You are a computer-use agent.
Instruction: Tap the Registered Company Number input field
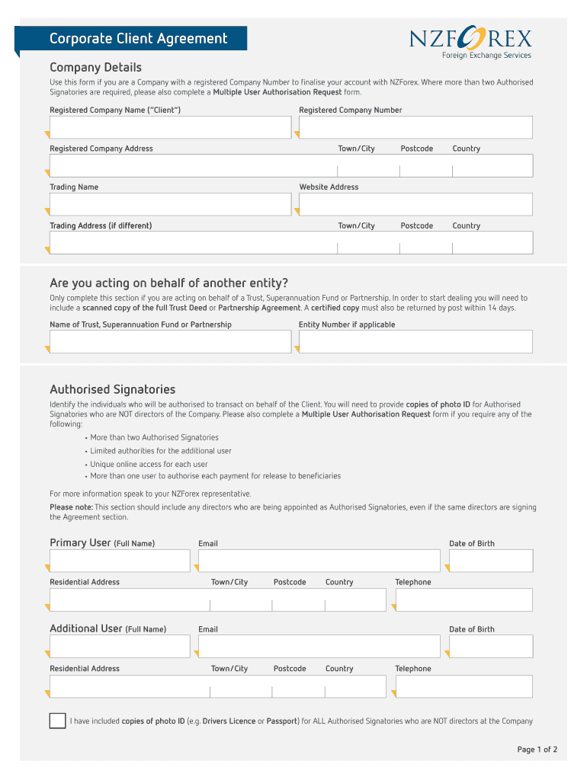pyautogui.click(x=415, y=127)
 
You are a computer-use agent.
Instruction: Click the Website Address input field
pyautogui.click(x=415, y=204)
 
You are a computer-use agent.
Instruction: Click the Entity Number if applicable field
pyautogui.click(x=415, y=342)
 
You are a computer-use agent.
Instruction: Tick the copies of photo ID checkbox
pyautogui.click(x=57, y=721)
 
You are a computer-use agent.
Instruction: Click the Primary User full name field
pyautogui.click(x=120, y=561)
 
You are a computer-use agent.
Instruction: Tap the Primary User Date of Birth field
pyautogui.click(x=491, y=561)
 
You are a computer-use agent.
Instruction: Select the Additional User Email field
pyautogui.click(x=319, y=647)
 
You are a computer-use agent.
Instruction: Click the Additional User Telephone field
pyautogui.click(x=464, y=686)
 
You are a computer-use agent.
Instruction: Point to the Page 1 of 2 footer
pyautogui.click(x=537, y=750)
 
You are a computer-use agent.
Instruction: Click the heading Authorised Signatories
pyautogui.click(x=113, y=389)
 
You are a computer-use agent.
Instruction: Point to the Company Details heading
pyautogui.click(x=95, y=68)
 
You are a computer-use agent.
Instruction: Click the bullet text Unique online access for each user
pyautogui.click(x=149, y=464)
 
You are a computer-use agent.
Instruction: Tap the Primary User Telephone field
pyautogui.click(x=464, y=599)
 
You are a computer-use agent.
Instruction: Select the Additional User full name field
pyautogui.click(x=120, y=647)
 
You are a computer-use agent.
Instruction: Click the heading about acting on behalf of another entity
pyautogui.click(x=168, y=283)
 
